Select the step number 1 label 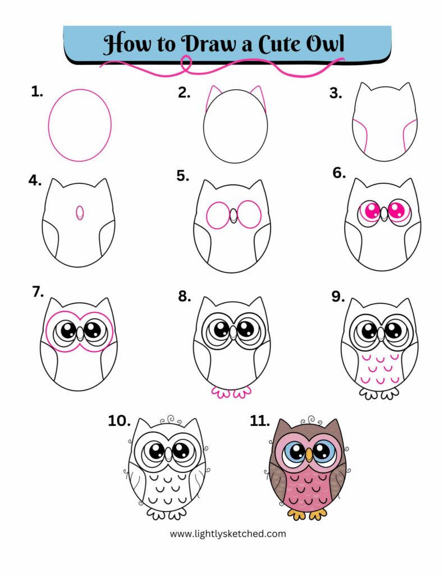[37, 92]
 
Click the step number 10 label [119, 421]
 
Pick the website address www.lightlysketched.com [227, 534]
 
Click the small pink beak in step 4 [80, 212]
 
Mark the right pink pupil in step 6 [397, 211]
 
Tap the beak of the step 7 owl [81, 333]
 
